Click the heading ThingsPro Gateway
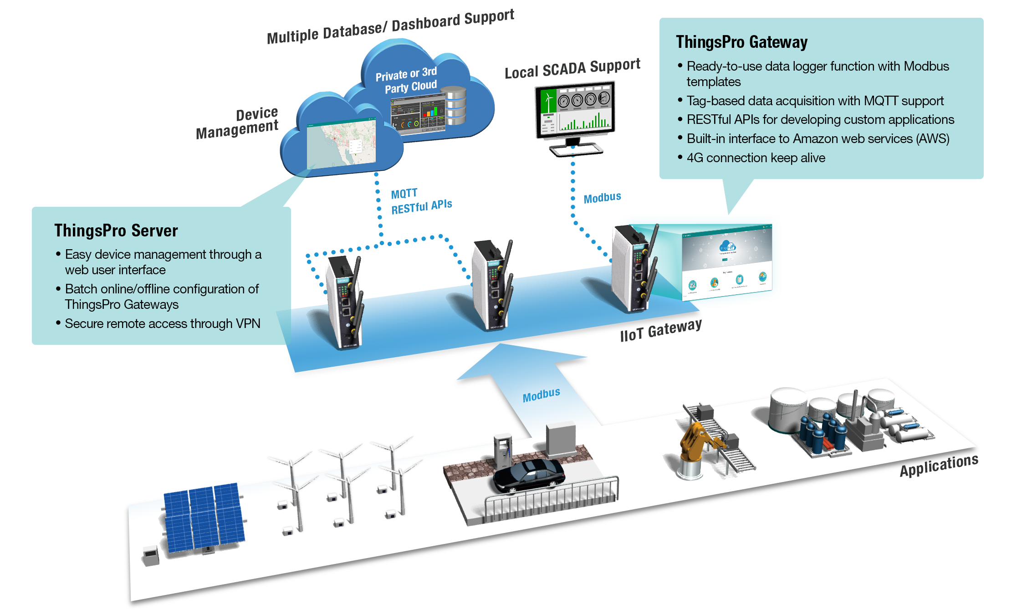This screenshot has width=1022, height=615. pos(741,42)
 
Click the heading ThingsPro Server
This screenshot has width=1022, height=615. pos(116,231)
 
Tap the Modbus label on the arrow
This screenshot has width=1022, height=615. pos(541,395)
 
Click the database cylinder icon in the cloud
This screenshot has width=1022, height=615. pos(455,106)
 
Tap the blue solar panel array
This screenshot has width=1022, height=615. pos(203,517)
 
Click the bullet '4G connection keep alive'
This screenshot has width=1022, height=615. pos(756,158)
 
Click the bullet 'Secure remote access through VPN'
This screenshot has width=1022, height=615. pos(162,324)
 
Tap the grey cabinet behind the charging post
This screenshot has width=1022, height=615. pos(561,439)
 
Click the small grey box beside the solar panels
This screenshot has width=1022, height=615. pos(151,555)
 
